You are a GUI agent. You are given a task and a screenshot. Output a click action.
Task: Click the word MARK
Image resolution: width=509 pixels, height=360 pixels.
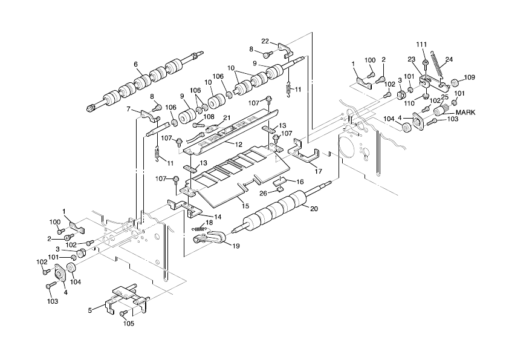coord(465,113)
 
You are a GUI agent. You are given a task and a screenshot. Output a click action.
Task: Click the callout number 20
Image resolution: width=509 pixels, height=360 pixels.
coord(314,209)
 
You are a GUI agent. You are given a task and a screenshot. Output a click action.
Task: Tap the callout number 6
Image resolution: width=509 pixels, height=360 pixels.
coord(135,64)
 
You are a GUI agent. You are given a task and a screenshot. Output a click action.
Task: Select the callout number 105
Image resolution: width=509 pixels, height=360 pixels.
coord(129,323)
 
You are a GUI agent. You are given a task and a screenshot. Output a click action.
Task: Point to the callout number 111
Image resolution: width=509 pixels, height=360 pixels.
coord(422,44)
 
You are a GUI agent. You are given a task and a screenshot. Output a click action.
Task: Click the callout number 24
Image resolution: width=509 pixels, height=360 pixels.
coord(449,59)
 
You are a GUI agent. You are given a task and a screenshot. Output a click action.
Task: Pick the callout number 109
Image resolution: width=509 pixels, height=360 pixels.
coord(469,77)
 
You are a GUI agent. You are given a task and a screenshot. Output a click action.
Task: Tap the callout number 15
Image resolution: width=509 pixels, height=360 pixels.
coord(245,206)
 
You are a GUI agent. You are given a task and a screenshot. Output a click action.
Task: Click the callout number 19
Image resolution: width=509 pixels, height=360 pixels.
coord(236,246)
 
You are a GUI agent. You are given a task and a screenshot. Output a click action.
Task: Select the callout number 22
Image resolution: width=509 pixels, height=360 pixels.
coord(265,41)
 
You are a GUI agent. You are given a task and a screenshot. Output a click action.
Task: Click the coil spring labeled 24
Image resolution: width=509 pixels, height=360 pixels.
coord(436,64)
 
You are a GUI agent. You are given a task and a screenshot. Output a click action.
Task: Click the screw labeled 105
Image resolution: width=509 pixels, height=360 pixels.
coord(123,313)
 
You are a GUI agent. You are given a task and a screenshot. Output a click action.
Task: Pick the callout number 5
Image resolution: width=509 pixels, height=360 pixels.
coord(90,310)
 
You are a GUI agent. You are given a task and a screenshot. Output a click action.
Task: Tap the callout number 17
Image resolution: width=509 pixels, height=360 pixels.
coord(319,171)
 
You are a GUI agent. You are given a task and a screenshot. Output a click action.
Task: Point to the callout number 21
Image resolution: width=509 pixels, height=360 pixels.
coord(227,117)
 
